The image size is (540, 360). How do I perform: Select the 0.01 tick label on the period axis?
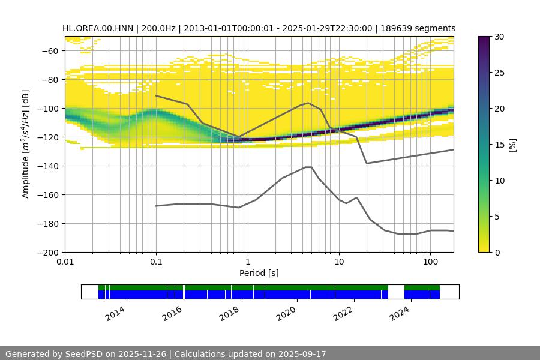pos(65,263)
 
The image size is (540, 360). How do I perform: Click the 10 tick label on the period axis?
pos(338,263)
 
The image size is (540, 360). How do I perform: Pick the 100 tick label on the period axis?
pos(430,263)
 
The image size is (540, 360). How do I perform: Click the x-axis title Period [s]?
pos(259,274)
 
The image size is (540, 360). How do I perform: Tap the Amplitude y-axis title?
pos(25,144)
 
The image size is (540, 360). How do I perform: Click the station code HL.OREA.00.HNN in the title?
pos(100,28)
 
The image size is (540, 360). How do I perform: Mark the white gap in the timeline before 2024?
pos(396,292)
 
